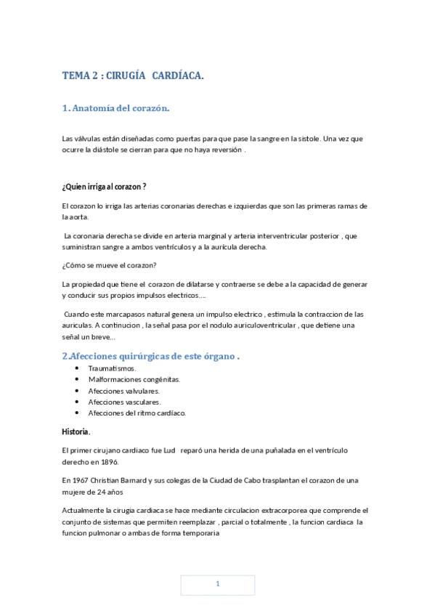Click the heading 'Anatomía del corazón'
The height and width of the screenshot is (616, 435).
(120, 108)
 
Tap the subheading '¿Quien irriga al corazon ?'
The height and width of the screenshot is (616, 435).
(105, 187)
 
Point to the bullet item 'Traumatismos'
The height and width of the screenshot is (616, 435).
(112, 368)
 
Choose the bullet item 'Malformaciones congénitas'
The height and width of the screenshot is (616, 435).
(134, 379)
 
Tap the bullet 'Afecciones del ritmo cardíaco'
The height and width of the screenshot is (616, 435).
(137, 413)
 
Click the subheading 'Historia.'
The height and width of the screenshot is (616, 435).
(76, 432)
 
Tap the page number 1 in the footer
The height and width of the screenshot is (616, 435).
(217, 585)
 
